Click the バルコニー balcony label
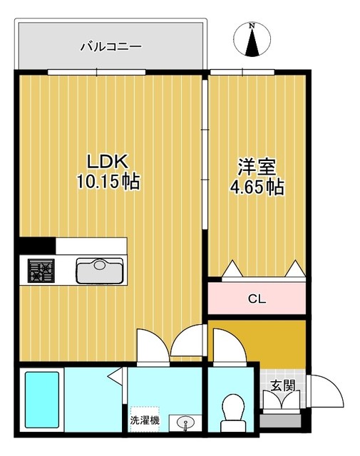pos(110,47)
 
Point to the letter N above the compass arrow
pos(252,27)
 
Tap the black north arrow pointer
pos(252,44)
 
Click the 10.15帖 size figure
pos(108,182)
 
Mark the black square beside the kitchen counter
pos(35,245)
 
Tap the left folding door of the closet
pos(232,269)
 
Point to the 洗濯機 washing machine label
pos(145,420)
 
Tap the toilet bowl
pos(232,411)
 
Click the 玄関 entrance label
pos(281,385)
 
